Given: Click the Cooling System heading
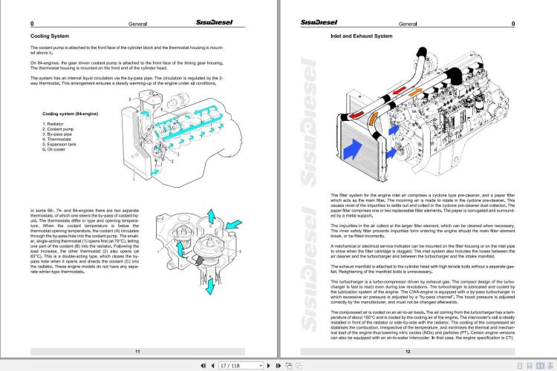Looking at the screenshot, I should click(x=49, y=36).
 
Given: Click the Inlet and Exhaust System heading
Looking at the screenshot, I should click(x=362, y=36).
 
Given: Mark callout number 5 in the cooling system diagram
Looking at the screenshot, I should click(x=131, y=98).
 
